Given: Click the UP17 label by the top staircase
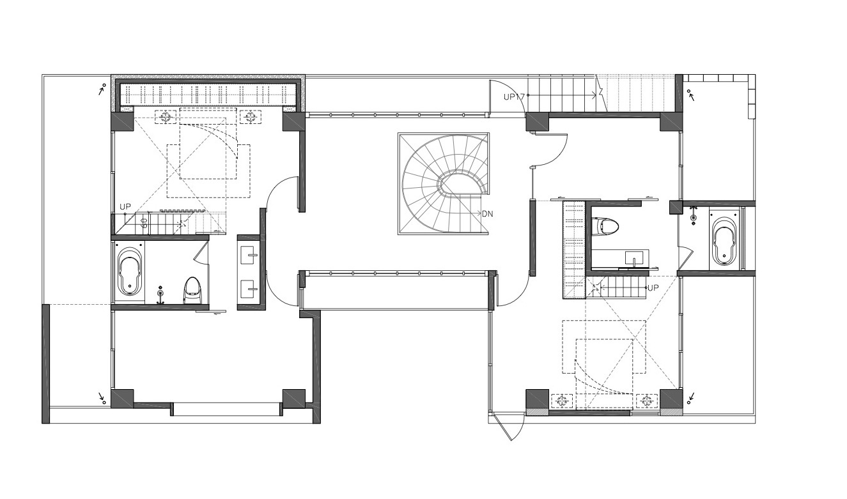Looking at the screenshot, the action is (x=514, y=96).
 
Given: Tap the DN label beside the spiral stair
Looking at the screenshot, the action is (x=487, y=214).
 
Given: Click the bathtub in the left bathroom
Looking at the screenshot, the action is (x=129, y=271).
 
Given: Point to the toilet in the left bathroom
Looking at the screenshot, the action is (x=192, y=290).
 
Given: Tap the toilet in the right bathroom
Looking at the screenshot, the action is (x=605, y=227).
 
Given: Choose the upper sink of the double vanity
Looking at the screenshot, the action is (x=249, y=255).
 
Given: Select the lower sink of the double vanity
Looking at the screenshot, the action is (x=249, y=289).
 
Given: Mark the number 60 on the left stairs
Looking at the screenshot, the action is (x=144, y=222).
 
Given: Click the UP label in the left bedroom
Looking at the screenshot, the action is (x=125, y=207).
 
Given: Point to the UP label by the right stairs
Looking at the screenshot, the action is (x=653, y=288).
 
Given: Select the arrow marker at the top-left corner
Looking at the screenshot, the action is (x=102, y=89).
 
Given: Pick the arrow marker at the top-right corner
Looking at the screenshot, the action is (x=691, y=95).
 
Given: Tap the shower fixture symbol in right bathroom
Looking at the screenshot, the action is (x=693, y=215).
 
